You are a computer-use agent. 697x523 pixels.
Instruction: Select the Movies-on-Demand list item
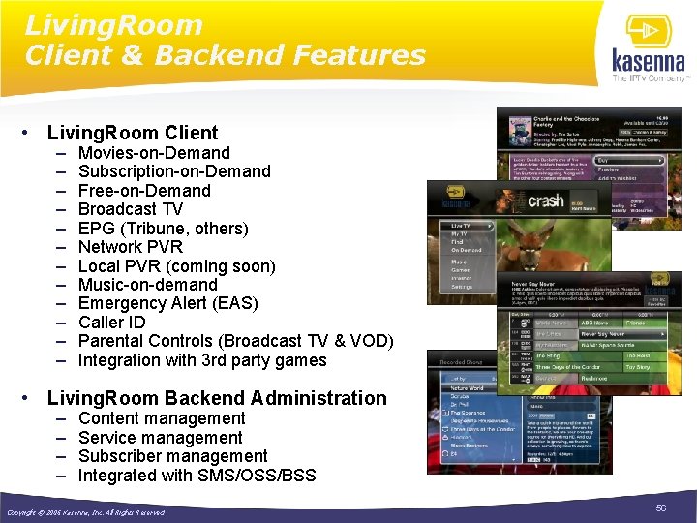pyautogui.click(x=154, y=153)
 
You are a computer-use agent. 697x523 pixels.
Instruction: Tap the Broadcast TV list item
pyautogui.click(x=130, y=209)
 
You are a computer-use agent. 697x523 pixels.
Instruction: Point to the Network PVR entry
pyautogui.click(x=130, y=247)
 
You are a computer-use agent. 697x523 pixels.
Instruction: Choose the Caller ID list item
pyautogui.click(x=111, y=323)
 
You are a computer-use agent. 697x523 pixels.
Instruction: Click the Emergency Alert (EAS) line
pyautogui.click(x=167, y=303)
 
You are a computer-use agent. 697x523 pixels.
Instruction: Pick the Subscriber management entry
pyautogui.click(x=172, y=456)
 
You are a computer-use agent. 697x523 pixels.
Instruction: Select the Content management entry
pyautogui.click(x=162, y=418)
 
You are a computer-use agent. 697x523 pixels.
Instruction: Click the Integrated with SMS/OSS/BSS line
pyautogui.click(x=197, y=476)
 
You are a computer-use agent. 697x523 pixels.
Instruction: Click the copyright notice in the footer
pyautogui.click(x=85, y=511)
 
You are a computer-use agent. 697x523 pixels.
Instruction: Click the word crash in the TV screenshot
pyautogui.click(x=545, y=201)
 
